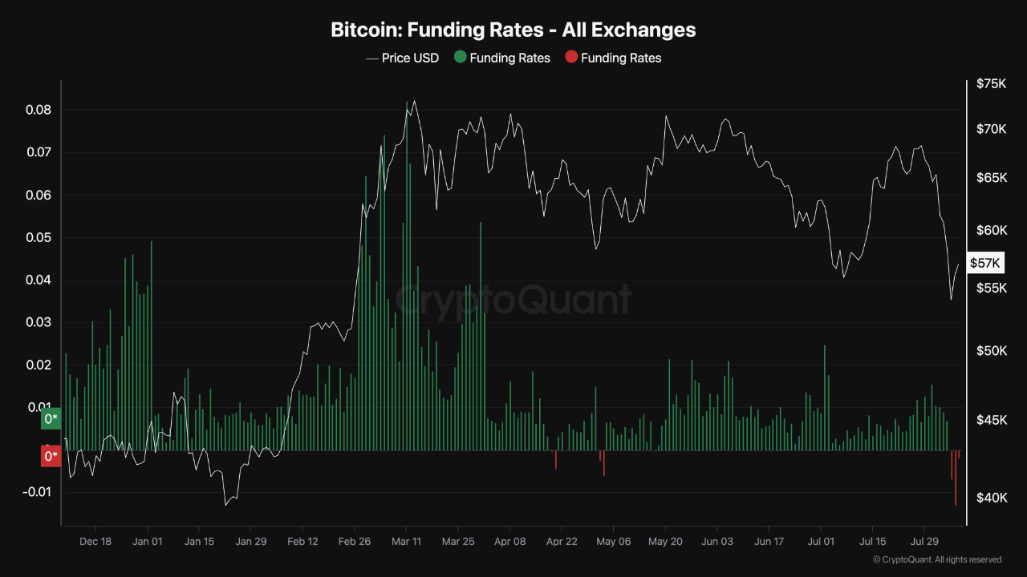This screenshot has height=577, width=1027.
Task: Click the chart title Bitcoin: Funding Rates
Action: [x=513, y=30]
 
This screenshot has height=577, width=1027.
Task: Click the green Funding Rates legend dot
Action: [x=460, y=57]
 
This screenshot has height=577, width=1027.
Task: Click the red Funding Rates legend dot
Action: [x=570, y=57]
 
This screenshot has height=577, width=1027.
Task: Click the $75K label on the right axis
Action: [x=991, y=83]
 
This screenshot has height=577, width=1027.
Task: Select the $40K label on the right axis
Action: [x=991, y=498]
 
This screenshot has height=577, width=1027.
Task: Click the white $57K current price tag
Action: [x=984, y=263]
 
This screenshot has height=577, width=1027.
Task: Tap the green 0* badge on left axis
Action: [x=51, y=419]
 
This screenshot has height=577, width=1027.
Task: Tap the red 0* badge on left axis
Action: [x=51, y=457]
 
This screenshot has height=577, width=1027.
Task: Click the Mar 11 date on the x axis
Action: [x=406, y=542]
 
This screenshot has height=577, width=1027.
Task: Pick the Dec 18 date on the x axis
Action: [x=95, y=542]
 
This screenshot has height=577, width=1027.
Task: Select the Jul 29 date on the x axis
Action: [x=924, y=542]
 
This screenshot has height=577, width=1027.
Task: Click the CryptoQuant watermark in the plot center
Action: [x=513, y=300]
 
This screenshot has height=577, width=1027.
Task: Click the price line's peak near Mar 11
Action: [x=414, y=101]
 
